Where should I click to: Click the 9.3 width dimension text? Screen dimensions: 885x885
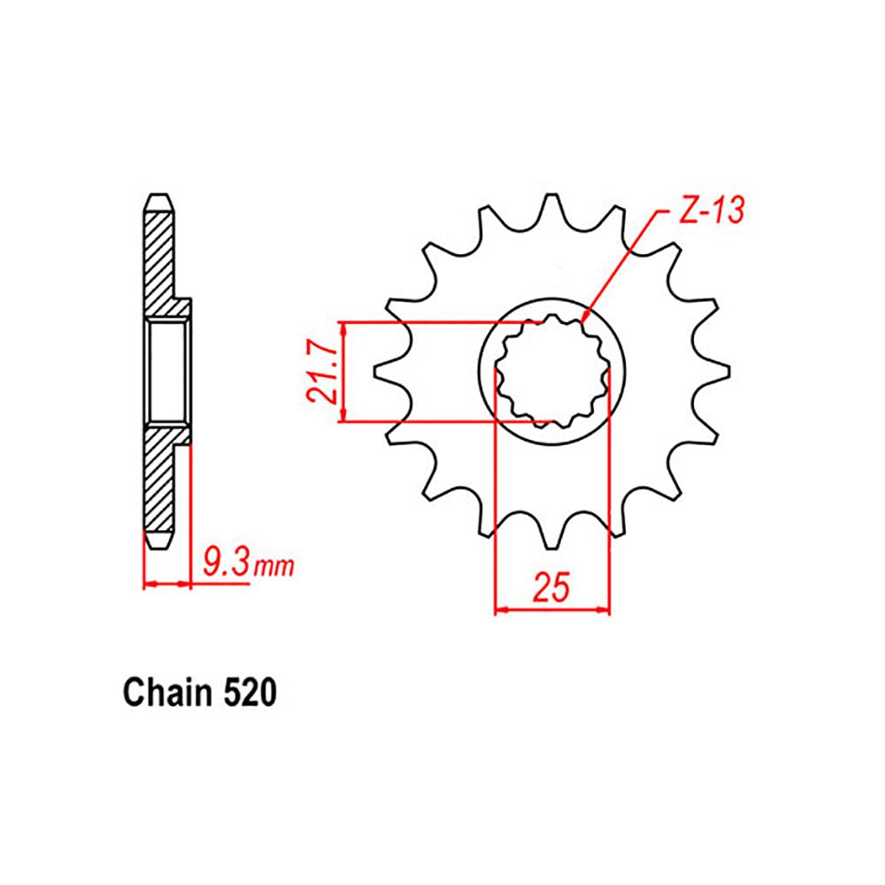coord(225,562)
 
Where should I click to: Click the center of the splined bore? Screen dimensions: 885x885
coord(552,372)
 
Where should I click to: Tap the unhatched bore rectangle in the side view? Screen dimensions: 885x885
coord(165,371)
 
